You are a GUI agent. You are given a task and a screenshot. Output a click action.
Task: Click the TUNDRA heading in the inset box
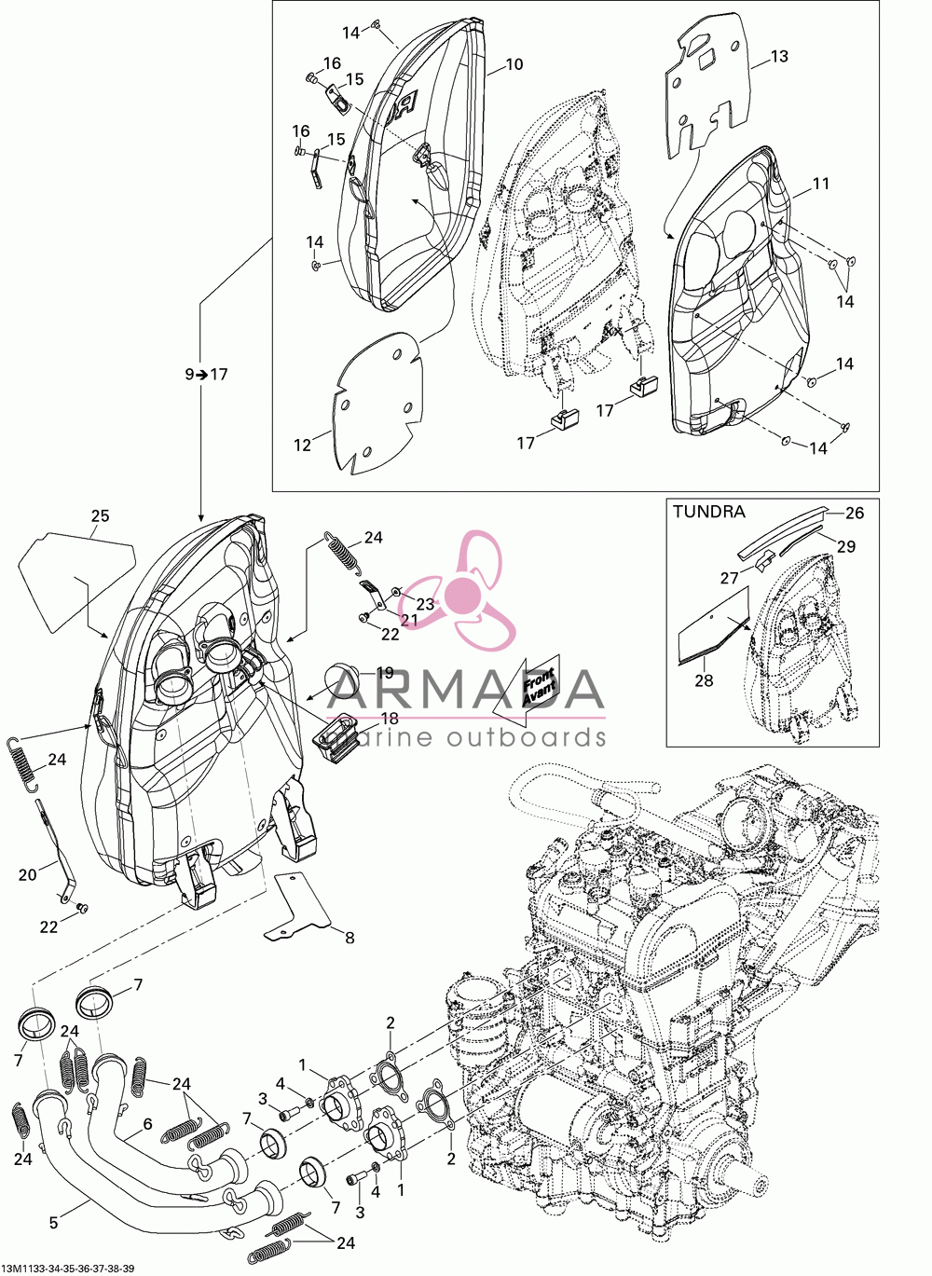coord(708,512)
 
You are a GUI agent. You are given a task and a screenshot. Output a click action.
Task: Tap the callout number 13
coord(779,57)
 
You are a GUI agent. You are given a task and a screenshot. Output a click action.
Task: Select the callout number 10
coord(514,64)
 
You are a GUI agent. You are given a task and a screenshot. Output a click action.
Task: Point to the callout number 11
coord(820,184)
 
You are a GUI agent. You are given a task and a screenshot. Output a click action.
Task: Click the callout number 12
coord(303,446)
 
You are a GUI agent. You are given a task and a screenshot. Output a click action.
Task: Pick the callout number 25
coord(101,516)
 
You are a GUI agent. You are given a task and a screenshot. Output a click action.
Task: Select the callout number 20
coord(27,874)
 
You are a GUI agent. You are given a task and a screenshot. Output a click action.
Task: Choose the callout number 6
coord(147,1124)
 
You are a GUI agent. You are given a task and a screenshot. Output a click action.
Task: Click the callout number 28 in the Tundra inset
coord(705,680)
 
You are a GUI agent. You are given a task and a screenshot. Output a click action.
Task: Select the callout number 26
coord(854,513)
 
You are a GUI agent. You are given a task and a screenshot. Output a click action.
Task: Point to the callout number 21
coord(408,620)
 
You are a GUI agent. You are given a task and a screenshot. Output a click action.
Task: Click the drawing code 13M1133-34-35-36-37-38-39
coord(68,1268)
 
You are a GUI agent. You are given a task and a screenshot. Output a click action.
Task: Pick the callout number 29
coord(846,546)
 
